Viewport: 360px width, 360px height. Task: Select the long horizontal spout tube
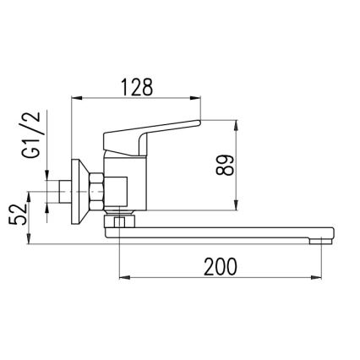220,232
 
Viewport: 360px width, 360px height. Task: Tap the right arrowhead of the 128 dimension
198,100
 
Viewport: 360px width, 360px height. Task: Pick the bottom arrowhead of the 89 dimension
236,205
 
